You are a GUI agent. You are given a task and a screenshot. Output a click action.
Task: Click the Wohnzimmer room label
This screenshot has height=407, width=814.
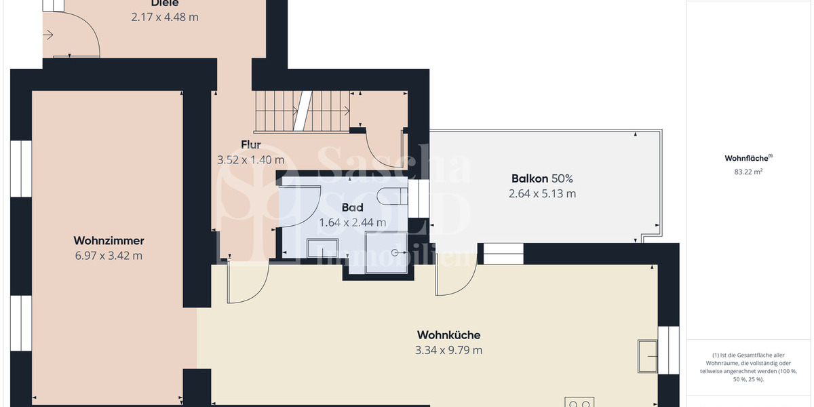(109, 241)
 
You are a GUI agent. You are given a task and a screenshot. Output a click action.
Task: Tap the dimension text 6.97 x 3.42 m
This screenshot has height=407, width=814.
(109, 256)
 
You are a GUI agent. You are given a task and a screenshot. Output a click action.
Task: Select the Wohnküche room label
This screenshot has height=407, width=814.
(448, 335)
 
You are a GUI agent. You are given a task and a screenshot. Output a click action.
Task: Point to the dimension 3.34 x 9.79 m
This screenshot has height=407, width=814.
(448, 350)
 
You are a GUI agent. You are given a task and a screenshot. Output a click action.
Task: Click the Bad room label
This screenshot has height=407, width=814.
(352, 208)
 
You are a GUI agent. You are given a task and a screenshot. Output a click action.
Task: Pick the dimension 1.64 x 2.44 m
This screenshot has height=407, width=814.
(352, 222)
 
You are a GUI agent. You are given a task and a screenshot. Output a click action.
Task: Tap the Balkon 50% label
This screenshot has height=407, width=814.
(542, 179)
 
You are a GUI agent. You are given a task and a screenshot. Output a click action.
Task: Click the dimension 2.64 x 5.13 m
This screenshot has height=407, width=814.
(542, 194)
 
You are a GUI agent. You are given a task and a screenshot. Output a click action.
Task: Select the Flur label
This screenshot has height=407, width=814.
(251, 144)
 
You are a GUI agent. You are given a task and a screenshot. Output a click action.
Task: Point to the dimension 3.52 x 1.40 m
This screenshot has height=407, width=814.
(250, 160)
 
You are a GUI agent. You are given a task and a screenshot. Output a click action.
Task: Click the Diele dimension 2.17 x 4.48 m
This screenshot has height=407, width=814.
(165, 17)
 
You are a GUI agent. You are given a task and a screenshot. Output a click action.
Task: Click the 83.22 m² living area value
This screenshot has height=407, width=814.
(748, 172)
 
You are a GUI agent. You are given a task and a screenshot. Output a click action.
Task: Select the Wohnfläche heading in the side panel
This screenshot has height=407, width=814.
(748, 158)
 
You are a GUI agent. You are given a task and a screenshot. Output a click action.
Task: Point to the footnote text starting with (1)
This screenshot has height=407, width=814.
(749, 367)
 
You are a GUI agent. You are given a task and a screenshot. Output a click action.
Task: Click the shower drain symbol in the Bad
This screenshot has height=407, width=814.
(395, 252)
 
